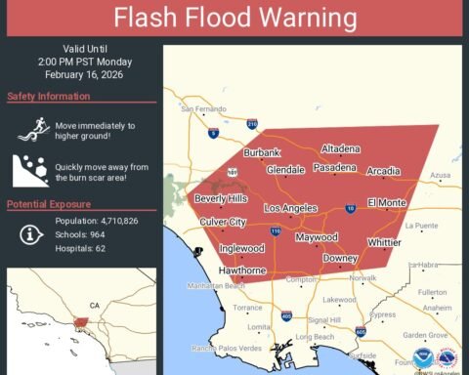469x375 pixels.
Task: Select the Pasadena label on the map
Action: (335, 168)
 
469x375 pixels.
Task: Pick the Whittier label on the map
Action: (385, 242)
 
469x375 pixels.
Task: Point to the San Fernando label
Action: (202, 108)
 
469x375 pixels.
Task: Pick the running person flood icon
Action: (26, 128)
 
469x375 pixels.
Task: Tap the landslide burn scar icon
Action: (26, 169)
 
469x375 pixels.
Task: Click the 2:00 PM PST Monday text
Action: (82, 60)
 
